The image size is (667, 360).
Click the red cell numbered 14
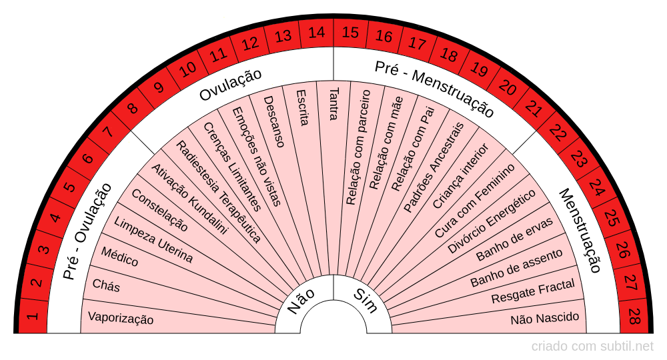click(317, 32)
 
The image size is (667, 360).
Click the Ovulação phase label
click(231, 85)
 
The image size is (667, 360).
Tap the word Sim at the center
click(365, 301)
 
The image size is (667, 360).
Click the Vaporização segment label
click(121, 319)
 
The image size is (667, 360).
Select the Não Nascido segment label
click(545, 318)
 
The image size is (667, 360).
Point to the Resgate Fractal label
click(533, 292)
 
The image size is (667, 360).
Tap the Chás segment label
click(106, 285)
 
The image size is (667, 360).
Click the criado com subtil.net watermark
click(592, 347)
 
